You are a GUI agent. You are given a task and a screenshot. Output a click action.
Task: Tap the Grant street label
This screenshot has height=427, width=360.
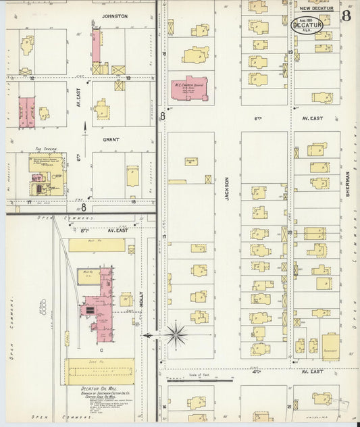[x=111, y=139]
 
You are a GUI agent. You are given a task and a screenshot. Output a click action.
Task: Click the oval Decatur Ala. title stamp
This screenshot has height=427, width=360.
[x=306, y=25]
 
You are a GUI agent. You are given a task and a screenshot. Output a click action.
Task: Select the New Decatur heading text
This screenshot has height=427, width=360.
[x=316, y=9]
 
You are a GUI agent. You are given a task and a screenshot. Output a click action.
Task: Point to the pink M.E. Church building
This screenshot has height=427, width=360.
[x=189, y=89]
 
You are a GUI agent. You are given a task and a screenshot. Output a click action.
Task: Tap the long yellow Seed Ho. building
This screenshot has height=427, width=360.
[x=99, y=371]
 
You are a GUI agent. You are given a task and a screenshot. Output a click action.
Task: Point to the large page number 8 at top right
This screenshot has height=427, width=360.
[x=345, y=16]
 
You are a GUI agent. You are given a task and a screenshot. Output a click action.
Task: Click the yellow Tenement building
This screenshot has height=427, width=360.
[x=331, y=345]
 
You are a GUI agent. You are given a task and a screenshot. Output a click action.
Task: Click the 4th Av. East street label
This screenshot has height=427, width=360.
[x=313, y=372]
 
